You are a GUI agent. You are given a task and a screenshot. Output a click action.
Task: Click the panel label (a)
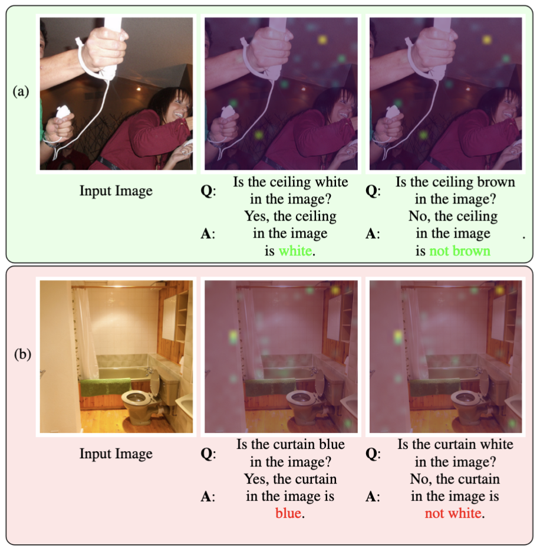coord(21,91)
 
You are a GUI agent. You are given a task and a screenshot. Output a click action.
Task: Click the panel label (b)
coord(22,354)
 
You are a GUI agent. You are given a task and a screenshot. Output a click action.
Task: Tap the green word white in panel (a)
coord(295,251)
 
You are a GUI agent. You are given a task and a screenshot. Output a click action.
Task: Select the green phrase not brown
coord(460,251)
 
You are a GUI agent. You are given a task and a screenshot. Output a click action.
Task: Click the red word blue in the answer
coord(288,513)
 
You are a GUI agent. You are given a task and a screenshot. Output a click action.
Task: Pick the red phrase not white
coord(453,513)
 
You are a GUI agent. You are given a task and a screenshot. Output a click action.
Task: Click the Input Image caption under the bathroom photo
coord(116,454)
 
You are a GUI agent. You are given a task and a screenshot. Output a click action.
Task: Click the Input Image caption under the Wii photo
coord(116,191)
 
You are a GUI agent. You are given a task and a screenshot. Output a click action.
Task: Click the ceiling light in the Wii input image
coord(139,88)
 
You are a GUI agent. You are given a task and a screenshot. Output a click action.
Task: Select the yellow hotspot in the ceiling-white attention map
coord(322,40)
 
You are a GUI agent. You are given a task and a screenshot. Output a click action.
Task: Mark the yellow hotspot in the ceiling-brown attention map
coord(486,40)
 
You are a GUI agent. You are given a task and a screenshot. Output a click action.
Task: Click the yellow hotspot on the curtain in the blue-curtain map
coord(233,337)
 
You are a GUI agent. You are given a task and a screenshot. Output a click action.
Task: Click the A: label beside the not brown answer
coord(373,234)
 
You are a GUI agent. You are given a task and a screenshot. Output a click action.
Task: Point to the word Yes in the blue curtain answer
coord(254,479)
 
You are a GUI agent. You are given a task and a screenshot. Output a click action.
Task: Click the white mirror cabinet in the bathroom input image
coord(169,317)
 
